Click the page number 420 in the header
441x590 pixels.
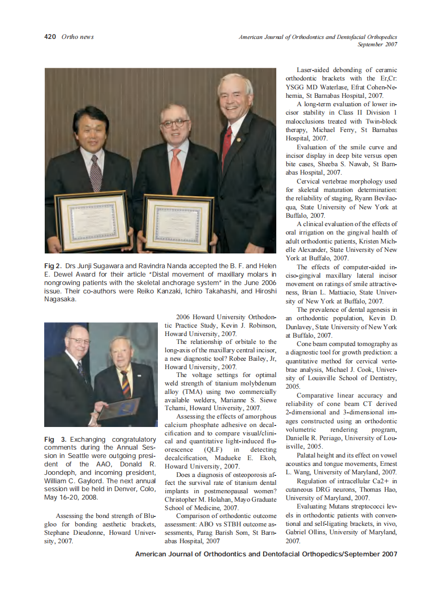(51, 37)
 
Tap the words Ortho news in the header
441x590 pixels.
(77, 37)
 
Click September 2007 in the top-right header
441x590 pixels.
(377, 44)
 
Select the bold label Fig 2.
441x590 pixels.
(54, 266)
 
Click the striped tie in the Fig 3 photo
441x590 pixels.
(125, 383)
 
